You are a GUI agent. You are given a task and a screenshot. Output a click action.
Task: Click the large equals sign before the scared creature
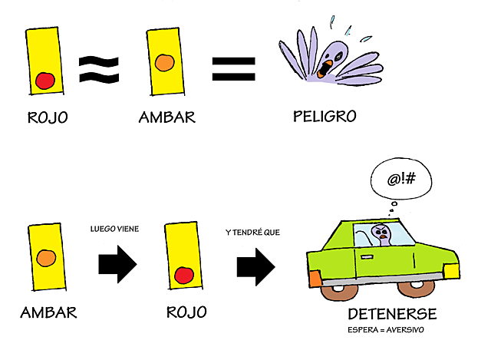(x=233, y=68)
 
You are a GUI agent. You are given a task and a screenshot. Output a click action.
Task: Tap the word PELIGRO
(x=325, y=117)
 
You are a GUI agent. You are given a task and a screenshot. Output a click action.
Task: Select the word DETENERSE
(x=392, y=315)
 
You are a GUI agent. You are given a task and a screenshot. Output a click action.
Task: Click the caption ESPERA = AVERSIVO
(x=386, y=331)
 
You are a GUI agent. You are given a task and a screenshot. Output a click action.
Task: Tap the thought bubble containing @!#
(x=401, y=180)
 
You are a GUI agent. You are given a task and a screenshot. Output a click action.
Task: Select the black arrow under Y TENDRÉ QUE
(x=255, y=266)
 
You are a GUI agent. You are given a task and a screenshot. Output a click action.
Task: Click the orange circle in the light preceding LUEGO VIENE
(x=46, y=256)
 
